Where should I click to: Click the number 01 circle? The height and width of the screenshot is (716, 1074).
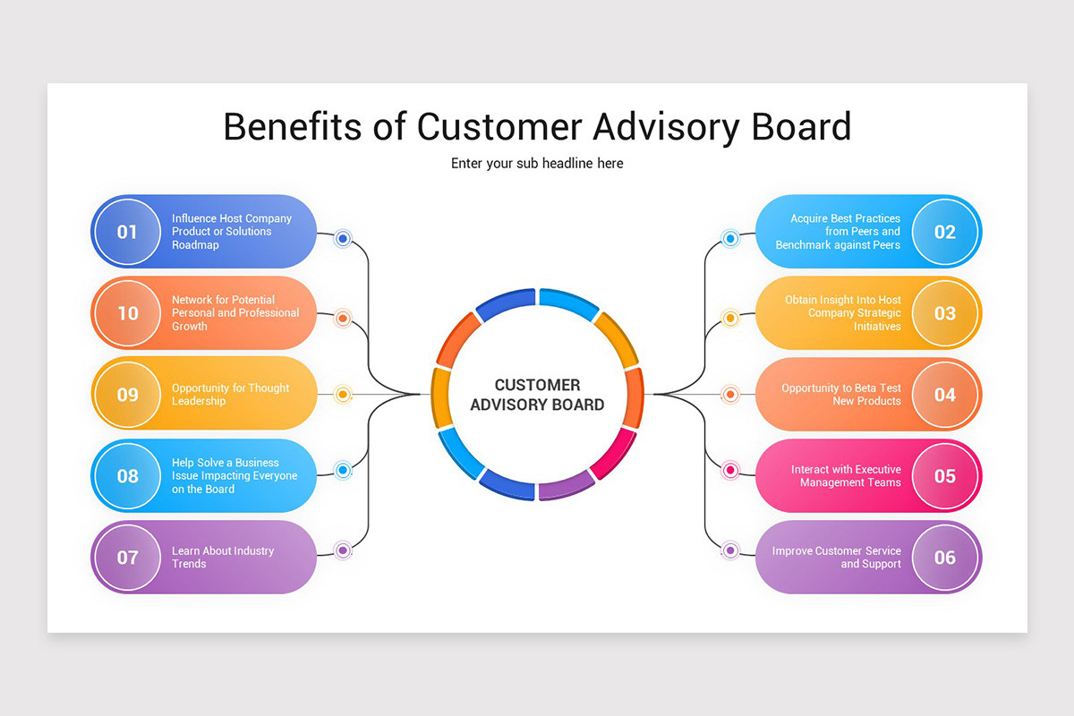(x=127, y=232)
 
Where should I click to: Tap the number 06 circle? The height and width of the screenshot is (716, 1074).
(x=945, y=558)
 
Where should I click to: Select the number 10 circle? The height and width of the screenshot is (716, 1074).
(x=127, y=313)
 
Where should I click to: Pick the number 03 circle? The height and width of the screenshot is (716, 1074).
(x=945, y=313)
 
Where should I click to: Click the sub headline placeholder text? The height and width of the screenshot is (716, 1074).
(x=537, y=164)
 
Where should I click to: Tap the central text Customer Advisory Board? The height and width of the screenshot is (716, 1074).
(x=537, y=395)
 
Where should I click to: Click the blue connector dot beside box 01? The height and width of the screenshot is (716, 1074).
(x=343, y=239)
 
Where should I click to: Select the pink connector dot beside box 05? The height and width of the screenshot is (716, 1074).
(x=730, y=470)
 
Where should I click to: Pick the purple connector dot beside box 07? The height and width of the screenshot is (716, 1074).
(x=343, y=550)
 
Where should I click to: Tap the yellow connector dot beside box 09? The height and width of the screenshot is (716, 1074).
(x=343, y=394)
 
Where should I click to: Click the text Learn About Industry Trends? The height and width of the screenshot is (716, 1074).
(x=223, y=558)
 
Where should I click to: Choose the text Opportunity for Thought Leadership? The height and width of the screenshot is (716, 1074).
(x=230, y=395)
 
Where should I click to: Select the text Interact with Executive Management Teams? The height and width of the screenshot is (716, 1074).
(x=846, y=476)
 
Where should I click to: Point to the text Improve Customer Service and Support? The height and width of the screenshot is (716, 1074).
(x=837, y=558)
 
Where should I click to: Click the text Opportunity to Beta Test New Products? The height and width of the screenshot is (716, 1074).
(x=841, y=395)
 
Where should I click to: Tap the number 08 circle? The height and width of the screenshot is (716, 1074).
(x=127, y=476)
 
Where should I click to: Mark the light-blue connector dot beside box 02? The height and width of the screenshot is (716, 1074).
(x=730, y=239)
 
